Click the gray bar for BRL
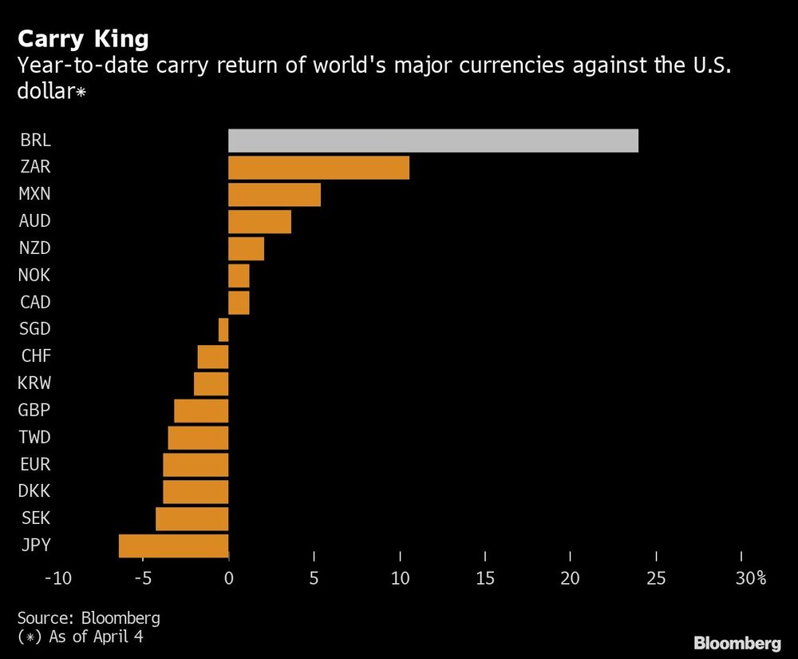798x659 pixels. [433, 141]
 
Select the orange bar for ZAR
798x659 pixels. [318, 168]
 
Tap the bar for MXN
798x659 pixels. [275, 195]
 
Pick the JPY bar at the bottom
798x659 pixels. [173, 546]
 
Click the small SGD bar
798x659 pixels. [223, 330]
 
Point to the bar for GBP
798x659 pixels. [201, 411]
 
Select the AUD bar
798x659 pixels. [259, 222]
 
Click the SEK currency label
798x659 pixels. [34, 518]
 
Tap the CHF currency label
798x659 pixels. [35, 356]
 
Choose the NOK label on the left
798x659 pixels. [34, 276]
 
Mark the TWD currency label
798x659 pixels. [35, 438]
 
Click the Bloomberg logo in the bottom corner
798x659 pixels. [737, 643]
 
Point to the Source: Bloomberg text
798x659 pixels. [88, 617]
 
